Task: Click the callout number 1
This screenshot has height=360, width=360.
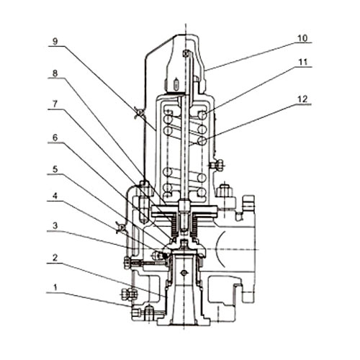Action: point(55,287)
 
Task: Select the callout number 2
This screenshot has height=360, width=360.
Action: point(55,258)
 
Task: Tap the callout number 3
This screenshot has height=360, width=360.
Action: point(55,225)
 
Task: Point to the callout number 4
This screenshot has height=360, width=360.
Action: point(55,196)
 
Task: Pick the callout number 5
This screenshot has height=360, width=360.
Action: point(55,169)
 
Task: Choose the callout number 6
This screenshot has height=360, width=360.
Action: point(55,138)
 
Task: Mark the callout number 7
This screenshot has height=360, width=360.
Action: point(55,104)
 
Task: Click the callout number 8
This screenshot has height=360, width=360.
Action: point(55,73)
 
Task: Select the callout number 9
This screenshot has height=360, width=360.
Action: point(55,41)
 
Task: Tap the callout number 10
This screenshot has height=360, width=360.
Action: point(302,38)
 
